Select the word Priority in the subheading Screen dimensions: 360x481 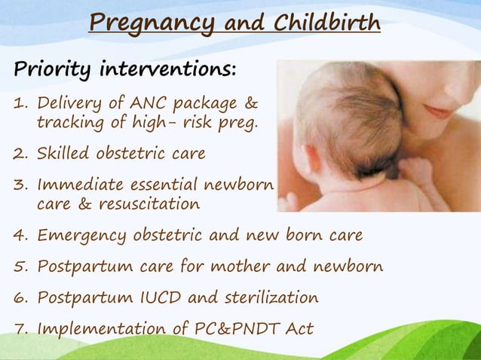pyautogui.click(x=45, y=71)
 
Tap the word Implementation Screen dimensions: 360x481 pyautogui.click(x=97, y=329)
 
